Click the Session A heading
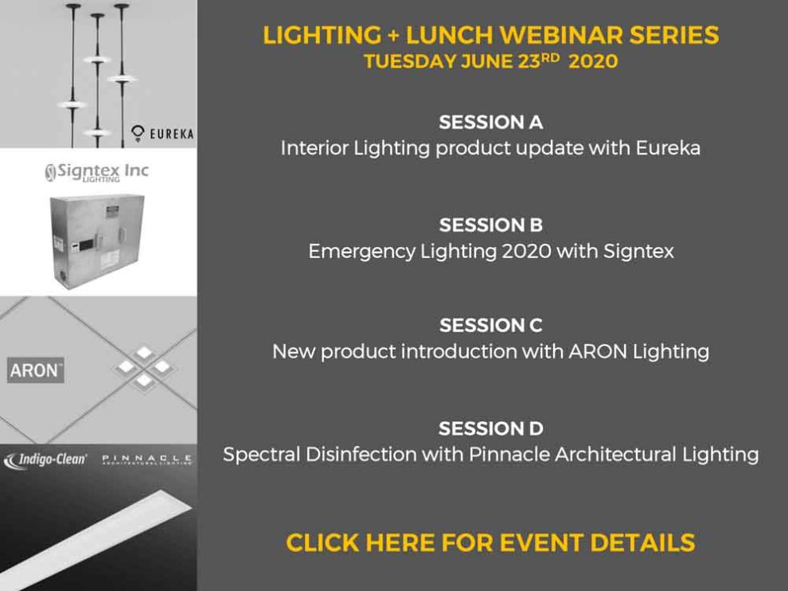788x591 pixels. [x=490, y=122]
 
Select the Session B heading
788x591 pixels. [x=490, y=225]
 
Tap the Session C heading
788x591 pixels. [x=490, y=326]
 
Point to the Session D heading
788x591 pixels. [x=490, y=429]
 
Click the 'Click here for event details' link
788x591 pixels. [x=490, y=542]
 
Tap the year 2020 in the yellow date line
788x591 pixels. [x=593, y=61]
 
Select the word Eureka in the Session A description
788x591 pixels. [x=668, y=148]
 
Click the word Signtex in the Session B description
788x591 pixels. [x=638, y=251]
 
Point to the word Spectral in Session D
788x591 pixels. [x=262, y=455]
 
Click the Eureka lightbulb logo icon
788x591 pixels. [x=137, y=133]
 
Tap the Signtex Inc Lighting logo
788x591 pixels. [x=97, y=172]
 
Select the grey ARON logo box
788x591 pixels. [x=36, y=370]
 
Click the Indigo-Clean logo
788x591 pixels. [x=45, y=460]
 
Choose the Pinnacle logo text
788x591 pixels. [x=146, y=460]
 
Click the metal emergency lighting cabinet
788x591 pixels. [x=96, y=241]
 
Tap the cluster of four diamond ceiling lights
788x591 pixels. [x=144, y=366]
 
